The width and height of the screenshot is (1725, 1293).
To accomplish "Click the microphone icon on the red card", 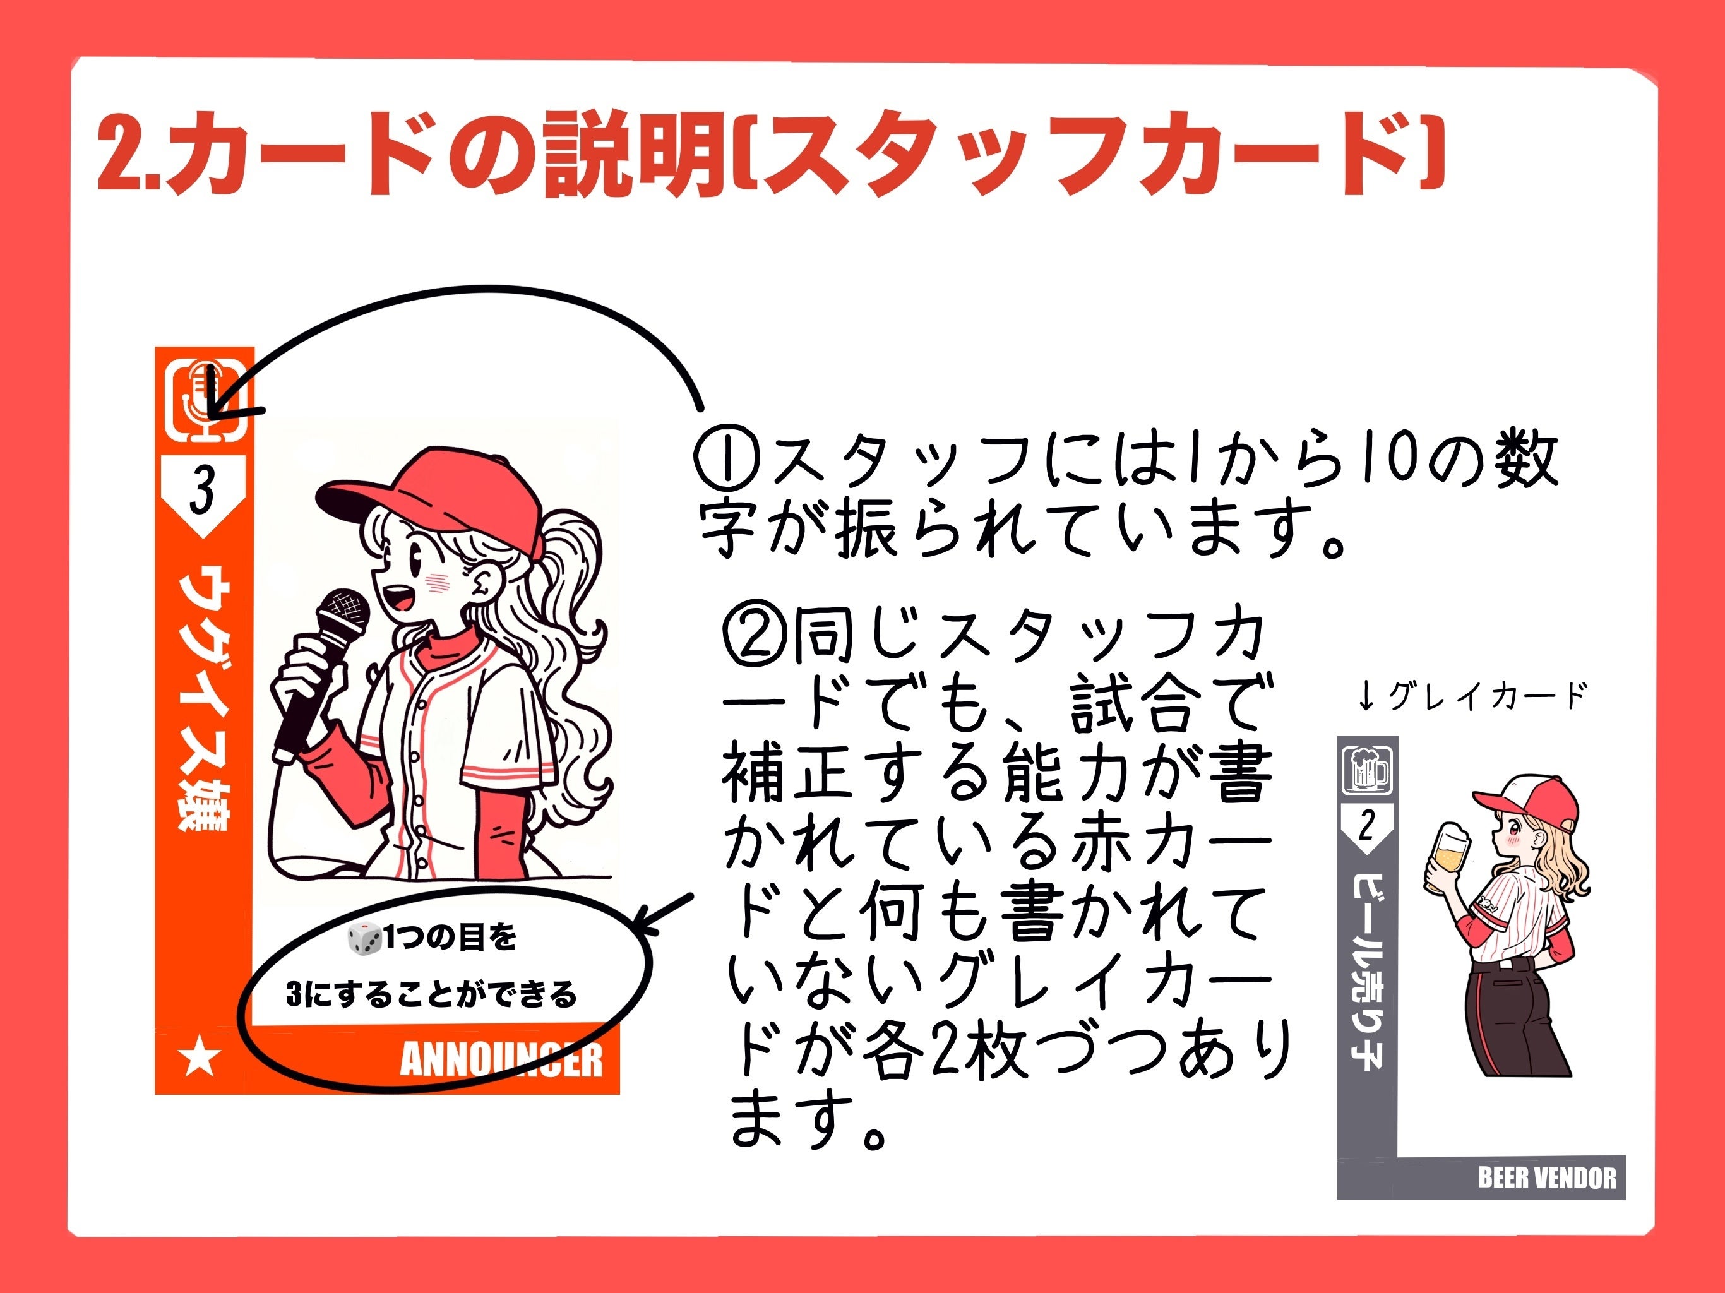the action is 206,400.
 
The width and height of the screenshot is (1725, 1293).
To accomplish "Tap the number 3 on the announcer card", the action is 202,491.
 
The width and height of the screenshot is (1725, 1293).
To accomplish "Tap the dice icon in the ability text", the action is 364,938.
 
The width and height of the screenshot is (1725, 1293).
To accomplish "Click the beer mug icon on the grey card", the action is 1366,770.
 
